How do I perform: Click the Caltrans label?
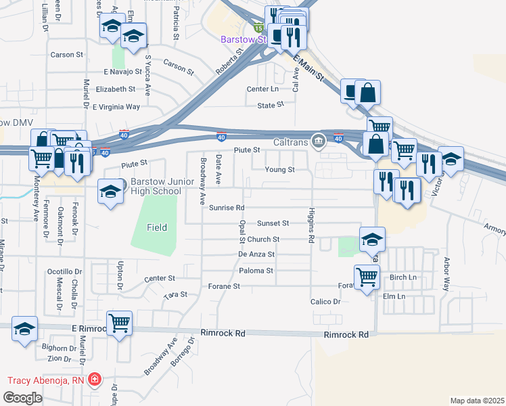[291, 141]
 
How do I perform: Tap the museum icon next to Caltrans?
[317, 141]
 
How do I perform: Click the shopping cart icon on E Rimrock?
[119, 323]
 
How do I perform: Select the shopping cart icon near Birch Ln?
[367, 276]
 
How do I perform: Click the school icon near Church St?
[371, 240]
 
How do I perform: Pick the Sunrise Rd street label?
[226, 208]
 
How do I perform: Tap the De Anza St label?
[256, 254]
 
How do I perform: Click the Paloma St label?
[256, 271]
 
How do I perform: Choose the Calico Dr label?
[325, 301]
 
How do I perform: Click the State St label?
[271, 106]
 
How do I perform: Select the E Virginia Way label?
[116, 107]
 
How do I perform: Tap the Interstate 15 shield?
[258, 28]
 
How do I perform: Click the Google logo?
[22, 398]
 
